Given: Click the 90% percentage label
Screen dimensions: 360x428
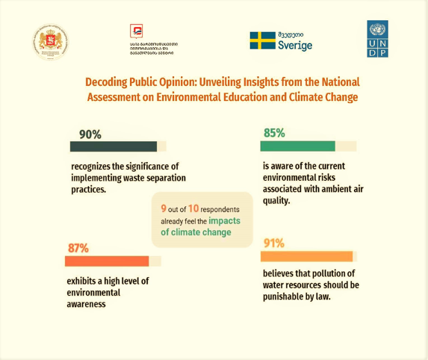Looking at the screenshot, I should point(90,134).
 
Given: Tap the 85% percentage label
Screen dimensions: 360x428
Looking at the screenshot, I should point(273,133).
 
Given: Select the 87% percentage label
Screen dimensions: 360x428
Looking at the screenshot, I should point(78,248).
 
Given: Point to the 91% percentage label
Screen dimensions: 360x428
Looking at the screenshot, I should point(273,243).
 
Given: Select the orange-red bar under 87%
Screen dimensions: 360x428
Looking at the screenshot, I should point(107,261).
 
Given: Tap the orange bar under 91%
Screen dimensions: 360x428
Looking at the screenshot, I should point(306,256).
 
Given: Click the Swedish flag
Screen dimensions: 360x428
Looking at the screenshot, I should point(262,40).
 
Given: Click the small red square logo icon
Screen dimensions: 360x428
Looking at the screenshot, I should point(136,31).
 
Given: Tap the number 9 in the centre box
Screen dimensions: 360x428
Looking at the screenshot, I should point(164,208).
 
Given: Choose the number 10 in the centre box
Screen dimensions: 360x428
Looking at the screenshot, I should point(193,208).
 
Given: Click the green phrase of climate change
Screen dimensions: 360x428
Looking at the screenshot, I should point(196,232).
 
